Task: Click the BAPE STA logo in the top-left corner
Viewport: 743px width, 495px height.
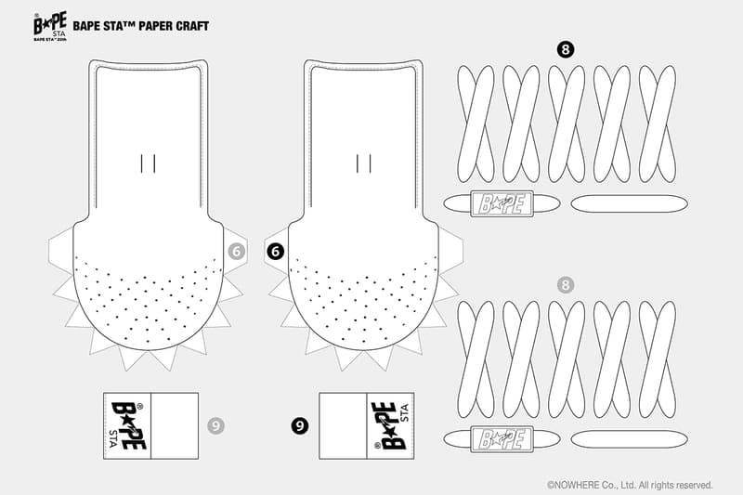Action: point(50,26)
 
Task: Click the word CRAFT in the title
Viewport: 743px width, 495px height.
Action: point(192,26)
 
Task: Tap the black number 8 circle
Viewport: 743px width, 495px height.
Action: point(566,49)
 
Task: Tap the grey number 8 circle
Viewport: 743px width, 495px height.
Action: point(565,285)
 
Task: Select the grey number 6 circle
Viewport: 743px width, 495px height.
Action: point(237,252)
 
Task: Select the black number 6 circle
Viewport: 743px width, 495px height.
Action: point(275,252)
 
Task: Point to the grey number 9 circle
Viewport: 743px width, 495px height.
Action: point(215,426)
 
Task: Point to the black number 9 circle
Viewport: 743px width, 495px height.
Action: point(299,426)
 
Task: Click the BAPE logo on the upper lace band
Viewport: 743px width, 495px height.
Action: point(502,203)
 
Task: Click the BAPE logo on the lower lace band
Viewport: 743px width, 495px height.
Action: point(502,439)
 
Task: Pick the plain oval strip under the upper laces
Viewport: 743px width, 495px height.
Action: point(630,203)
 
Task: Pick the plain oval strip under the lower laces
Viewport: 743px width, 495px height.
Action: point(630,439)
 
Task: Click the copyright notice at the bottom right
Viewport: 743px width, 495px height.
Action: point(630,485)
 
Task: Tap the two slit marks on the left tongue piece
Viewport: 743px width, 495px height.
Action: point(148,163)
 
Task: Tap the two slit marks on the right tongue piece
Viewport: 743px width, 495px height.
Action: point(364,163)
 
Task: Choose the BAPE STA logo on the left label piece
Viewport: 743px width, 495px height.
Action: point(127,425)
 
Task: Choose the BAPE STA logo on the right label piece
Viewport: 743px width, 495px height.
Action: point(390,425)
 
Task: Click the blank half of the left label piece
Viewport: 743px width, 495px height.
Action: point(175,426)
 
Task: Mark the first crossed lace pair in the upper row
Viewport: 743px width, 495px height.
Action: point(476,124)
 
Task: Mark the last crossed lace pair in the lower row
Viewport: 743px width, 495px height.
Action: point(658,359)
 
